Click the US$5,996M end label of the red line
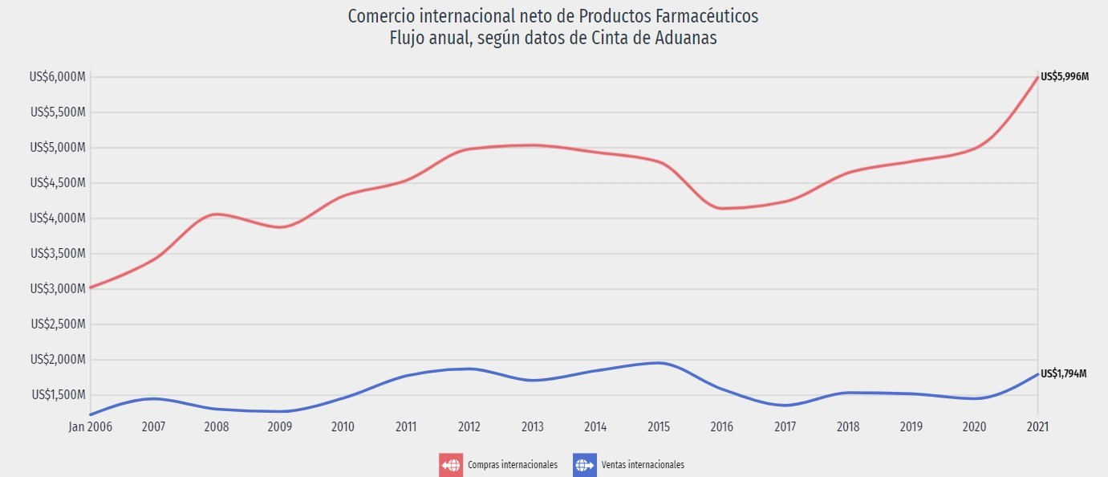1064,77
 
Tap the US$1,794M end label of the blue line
1063,374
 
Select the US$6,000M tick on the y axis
57,77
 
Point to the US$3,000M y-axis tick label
57,289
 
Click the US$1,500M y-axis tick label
58,395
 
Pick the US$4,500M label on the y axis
57,183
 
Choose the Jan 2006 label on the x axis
89,426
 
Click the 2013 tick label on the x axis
533,426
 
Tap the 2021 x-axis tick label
1038,426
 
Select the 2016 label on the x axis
722,426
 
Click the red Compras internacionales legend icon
451,465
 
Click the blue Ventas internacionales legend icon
585,465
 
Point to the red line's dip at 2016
722,209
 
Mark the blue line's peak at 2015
659,363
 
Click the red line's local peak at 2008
217,214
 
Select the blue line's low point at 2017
785,406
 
